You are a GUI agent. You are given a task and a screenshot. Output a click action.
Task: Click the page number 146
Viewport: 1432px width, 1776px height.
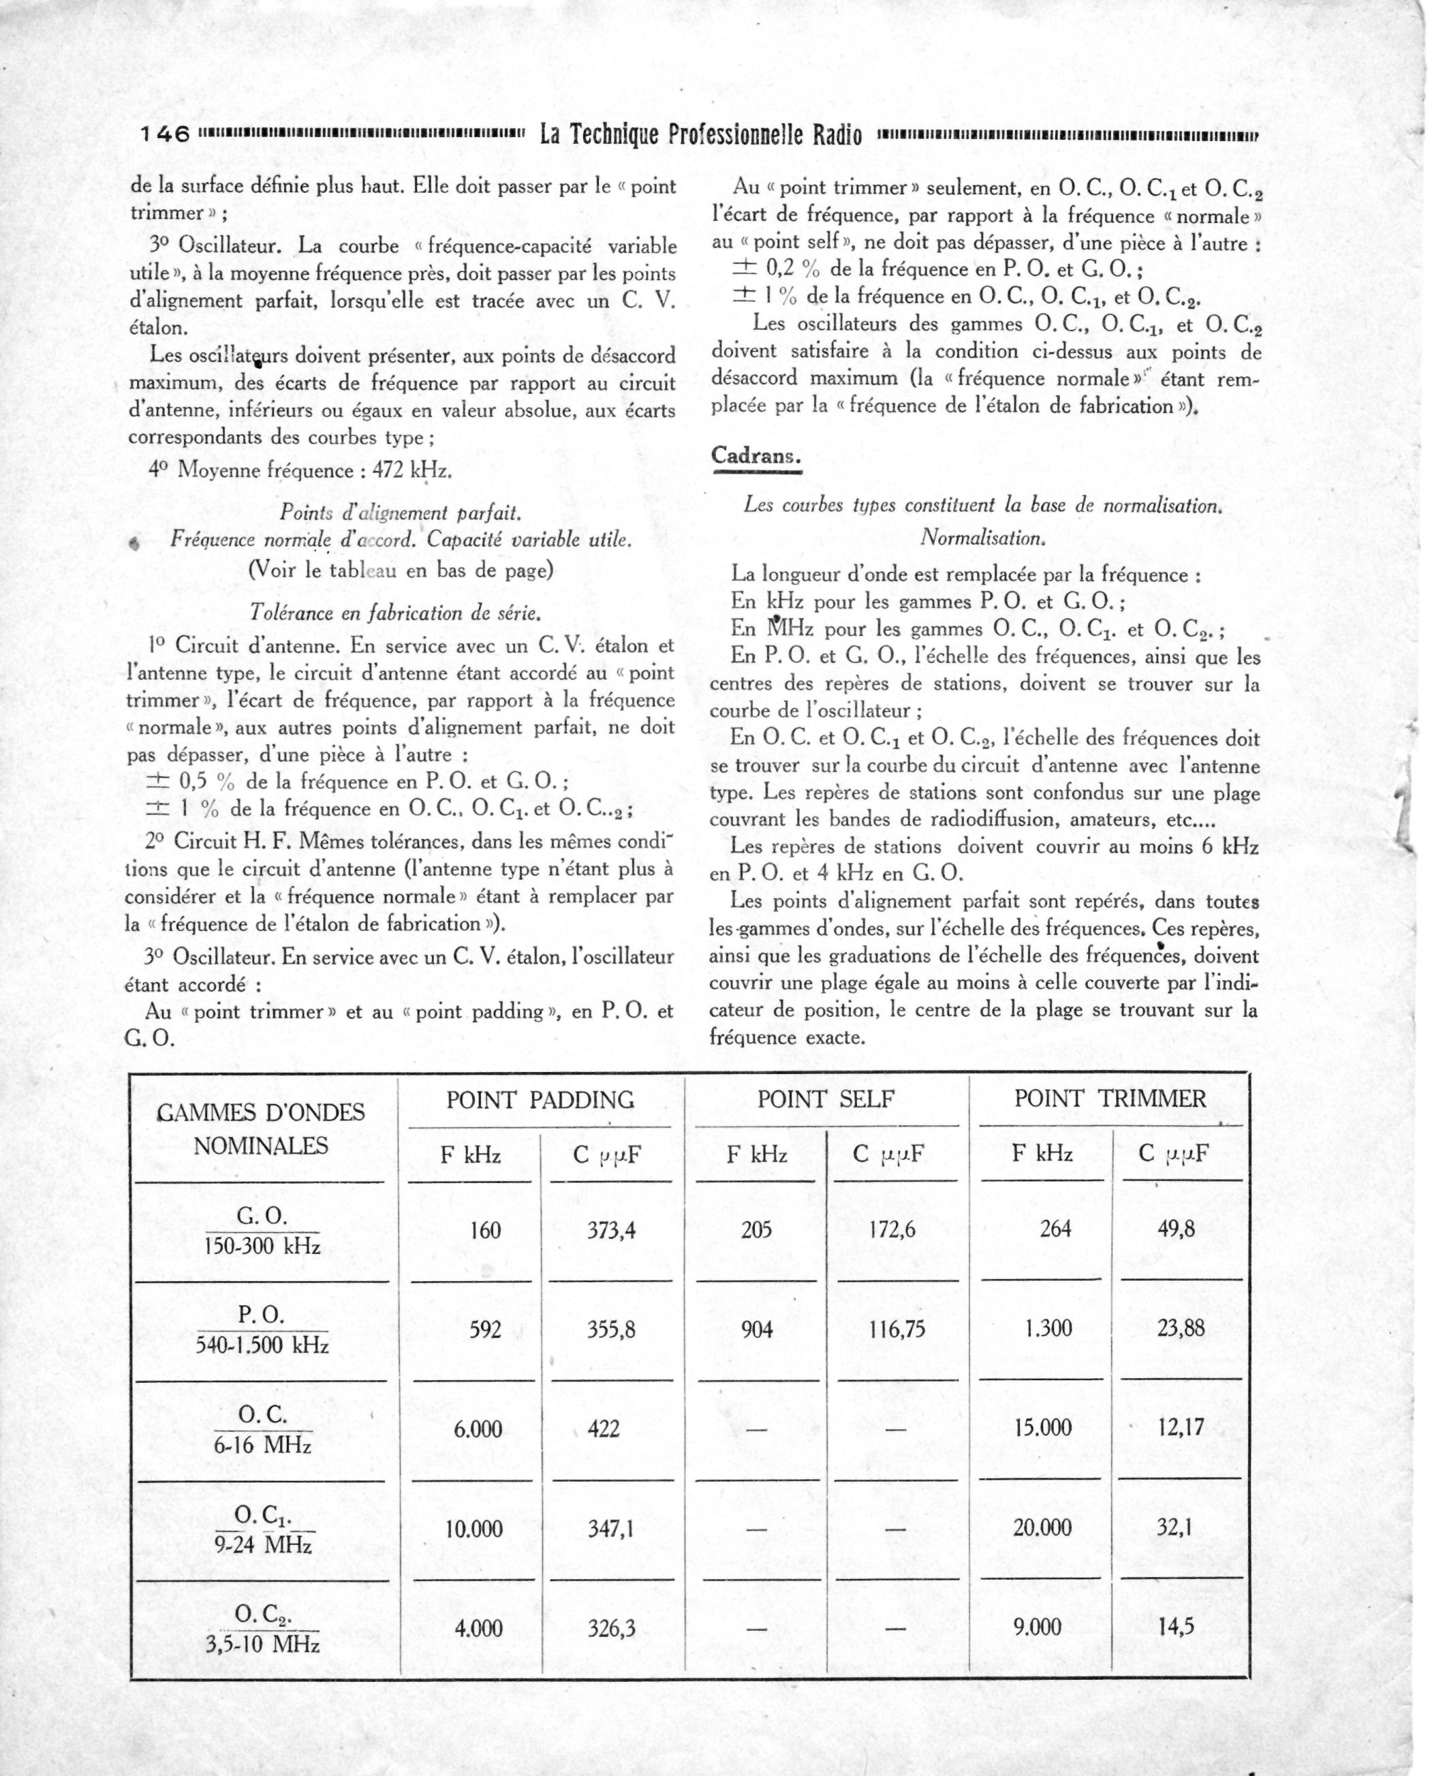[166, 134]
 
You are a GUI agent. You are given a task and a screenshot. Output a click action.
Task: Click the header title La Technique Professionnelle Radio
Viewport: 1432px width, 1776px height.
[700, 134]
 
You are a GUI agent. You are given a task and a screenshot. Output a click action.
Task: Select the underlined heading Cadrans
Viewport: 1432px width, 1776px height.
[756, 455]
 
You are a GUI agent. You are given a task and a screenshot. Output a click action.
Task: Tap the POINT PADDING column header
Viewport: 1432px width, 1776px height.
[540, 1099]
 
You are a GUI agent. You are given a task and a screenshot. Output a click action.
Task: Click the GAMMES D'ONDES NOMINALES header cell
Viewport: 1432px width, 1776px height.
[261, 1128]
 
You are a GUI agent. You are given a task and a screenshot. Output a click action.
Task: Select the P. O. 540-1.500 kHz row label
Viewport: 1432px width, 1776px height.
[262, 1330]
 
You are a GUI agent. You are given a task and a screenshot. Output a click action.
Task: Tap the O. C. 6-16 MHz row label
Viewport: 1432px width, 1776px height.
[262, 1428]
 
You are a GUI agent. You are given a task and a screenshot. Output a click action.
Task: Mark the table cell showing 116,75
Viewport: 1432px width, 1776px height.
[897, 1330]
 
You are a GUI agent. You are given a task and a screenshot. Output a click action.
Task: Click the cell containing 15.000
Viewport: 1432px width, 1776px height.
[1042, 1428]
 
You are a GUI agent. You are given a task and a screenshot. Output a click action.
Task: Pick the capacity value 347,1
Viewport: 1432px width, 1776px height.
[610, 1529]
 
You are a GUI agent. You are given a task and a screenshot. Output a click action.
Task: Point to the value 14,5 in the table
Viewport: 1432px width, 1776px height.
[1174, 1627]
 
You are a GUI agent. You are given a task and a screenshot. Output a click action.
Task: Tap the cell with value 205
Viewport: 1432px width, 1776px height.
[756, 1229]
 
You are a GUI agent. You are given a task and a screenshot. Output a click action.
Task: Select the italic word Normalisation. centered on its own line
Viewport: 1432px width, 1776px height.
[983, 538]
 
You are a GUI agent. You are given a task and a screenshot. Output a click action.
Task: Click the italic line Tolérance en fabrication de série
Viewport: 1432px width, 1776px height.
[395, 613]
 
